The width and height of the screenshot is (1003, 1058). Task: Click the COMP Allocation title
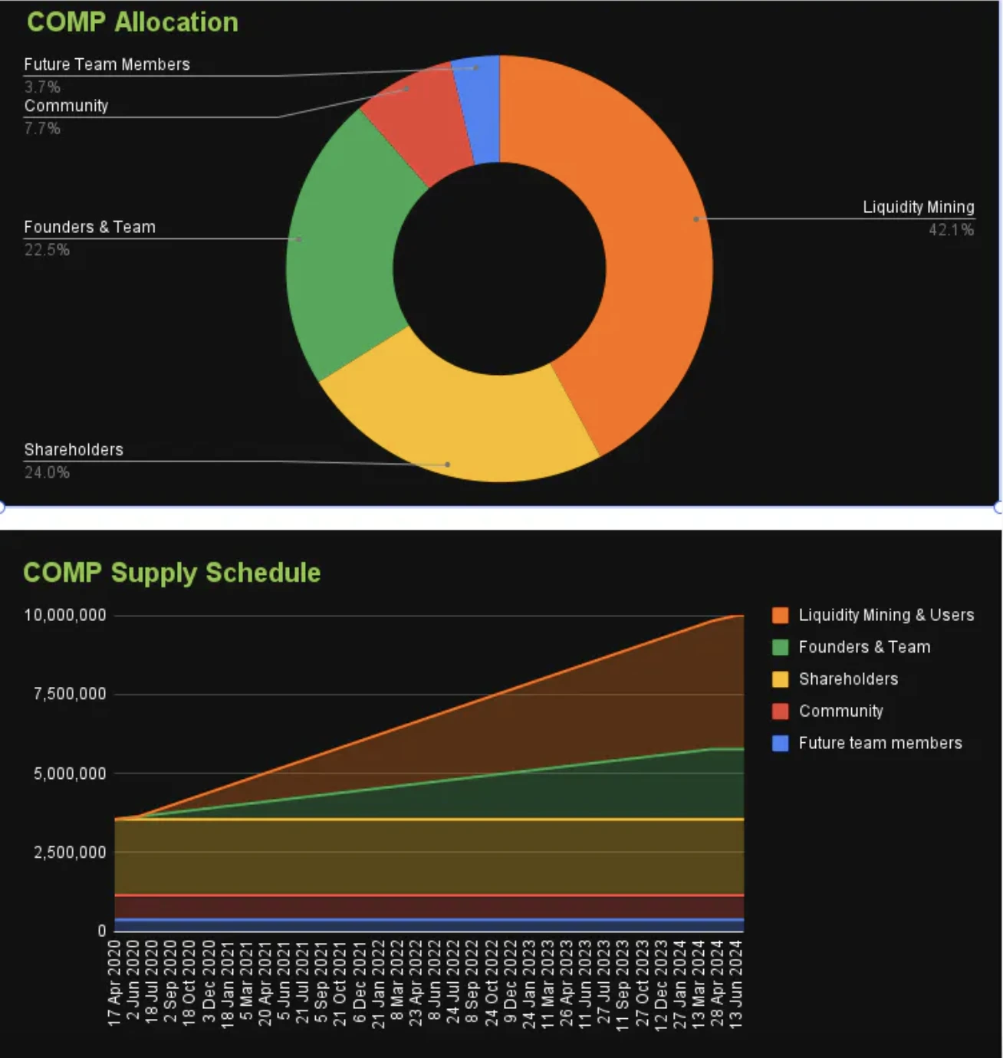point(132,22)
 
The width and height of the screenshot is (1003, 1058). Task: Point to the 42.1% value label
point(951,230)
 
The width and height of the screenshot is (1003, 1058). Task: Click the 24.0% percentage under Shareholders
point(47,472)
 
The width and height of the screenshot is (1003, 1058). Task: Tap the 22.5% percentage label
point(47,250)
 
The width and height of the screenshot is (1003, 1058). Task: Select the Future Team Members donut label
point(107,64)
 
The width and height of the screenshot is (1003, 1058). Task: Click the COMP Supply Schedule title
point(172,573)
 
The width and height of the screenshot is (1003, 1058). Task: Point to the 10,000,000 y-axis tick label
point(65,615)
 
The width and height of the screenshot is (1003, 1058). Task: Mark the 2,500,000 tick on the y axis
point(70,852)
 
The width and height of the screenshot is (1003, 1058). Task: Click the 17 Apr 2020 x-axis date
point(114,983)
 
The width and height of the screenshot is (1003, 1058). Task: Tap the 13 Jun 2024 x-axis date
point(735,984)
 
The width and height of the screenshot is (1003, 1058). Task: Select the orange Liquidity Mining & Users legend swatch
point(780,615)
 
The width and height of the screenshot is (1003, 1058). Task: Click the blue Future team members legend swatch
point(780,743)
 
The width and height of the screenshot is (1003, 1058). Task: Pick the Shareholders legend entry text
point(848,678)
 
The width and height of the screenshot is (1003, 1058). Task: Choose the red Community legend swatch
point(780,711)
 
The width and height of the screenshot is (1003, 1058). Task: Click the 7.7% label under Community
point(42,128)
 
